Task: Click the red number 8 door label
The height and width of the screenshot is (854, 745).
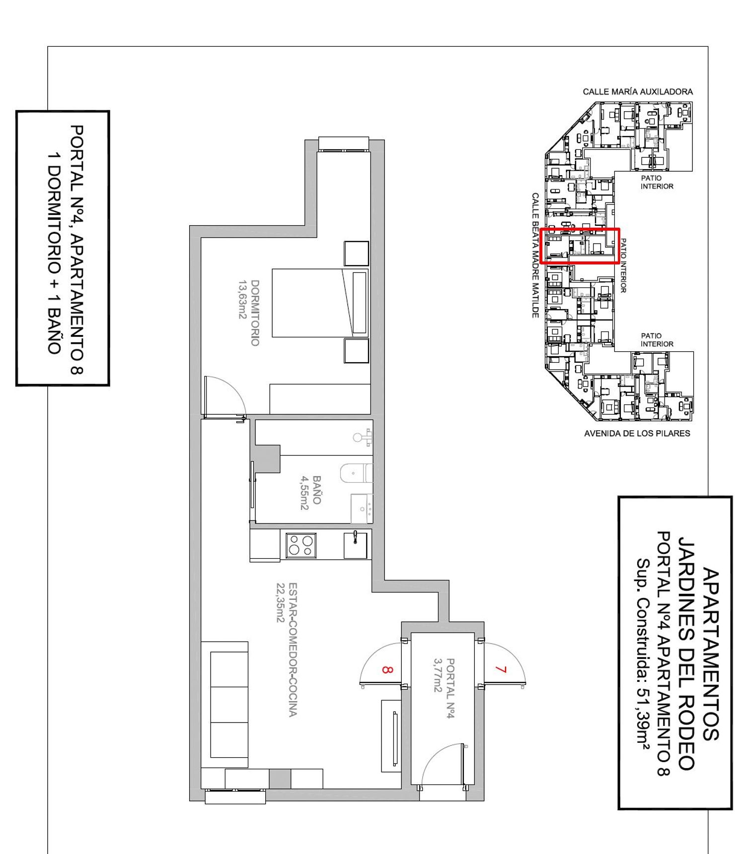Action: (388, 669)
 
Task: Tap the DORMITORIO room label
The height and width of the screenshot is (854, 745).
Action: (255, 313)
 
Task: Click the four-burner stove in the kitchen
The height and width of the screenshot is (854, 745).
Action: (301, 545)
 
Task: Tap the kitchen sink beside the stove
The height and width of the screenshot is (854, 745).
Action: (356, 545)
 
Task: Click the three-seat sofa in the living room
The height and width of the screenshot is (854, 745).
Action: (224, 705)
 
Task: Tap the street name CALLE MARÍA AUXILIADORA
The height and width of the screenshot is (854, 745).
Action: (638, 92)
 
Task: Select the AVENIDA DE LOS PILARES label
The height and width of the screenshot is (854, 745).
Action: (637, 433)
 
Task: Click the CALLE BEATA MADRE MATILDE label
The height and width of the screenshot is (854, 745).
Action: (535, 255)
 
